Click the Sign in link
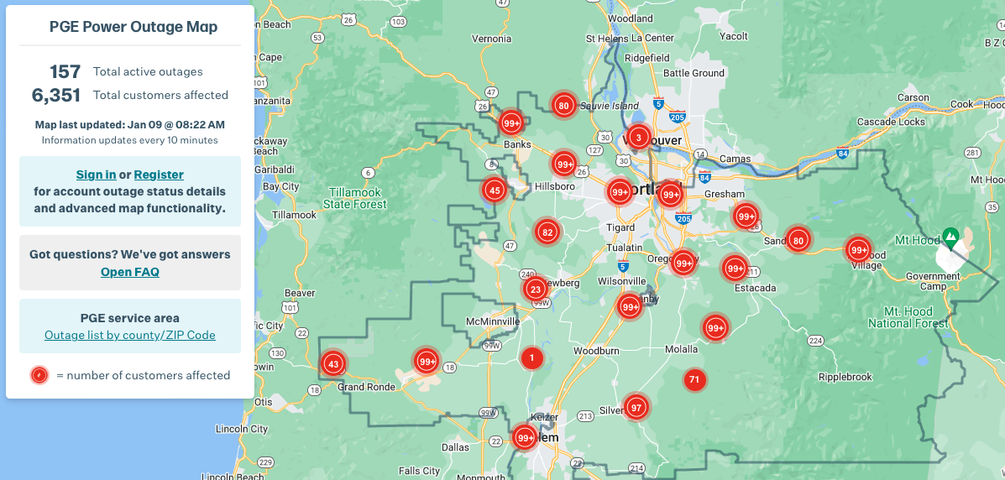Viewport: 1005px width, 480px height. tap(96, 175)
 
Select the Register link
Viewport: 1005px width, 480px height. tap(159, 175)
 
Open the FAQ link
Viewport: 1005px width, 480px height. tap(129, 272)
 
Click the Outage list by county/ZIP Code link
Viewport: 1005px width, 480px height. tap(130, 335)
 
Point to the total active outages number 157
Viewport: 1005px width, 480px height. tap(65, 71)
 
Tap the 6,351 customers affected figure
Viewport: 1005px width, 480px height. tap(56, 95)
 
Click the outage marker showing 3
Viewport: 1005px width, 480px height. tap(638, 137)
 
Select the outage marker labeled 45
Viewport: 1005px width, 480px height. tap(495, 190)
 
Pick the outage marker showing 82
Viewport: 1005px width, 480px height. tap(547, 232)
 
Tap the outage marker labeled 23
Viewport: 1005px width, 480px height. tap(535, 290)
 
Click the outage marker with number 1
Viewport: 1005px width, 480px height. tap(531, 358)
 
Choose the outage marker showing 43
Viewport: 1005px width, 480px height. tap(333, 363)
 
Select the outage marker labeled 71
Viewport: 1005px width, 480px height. tap(694, 380)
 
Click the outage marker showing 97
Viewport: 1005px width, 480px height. tap(636, 407)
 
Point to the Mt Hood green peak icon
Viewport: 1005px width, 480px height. tap(950, 236)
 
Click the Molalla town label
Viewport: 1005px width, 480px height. tap(681, 349)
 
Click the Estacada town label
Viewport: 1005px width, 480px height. tap(754, 288)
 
